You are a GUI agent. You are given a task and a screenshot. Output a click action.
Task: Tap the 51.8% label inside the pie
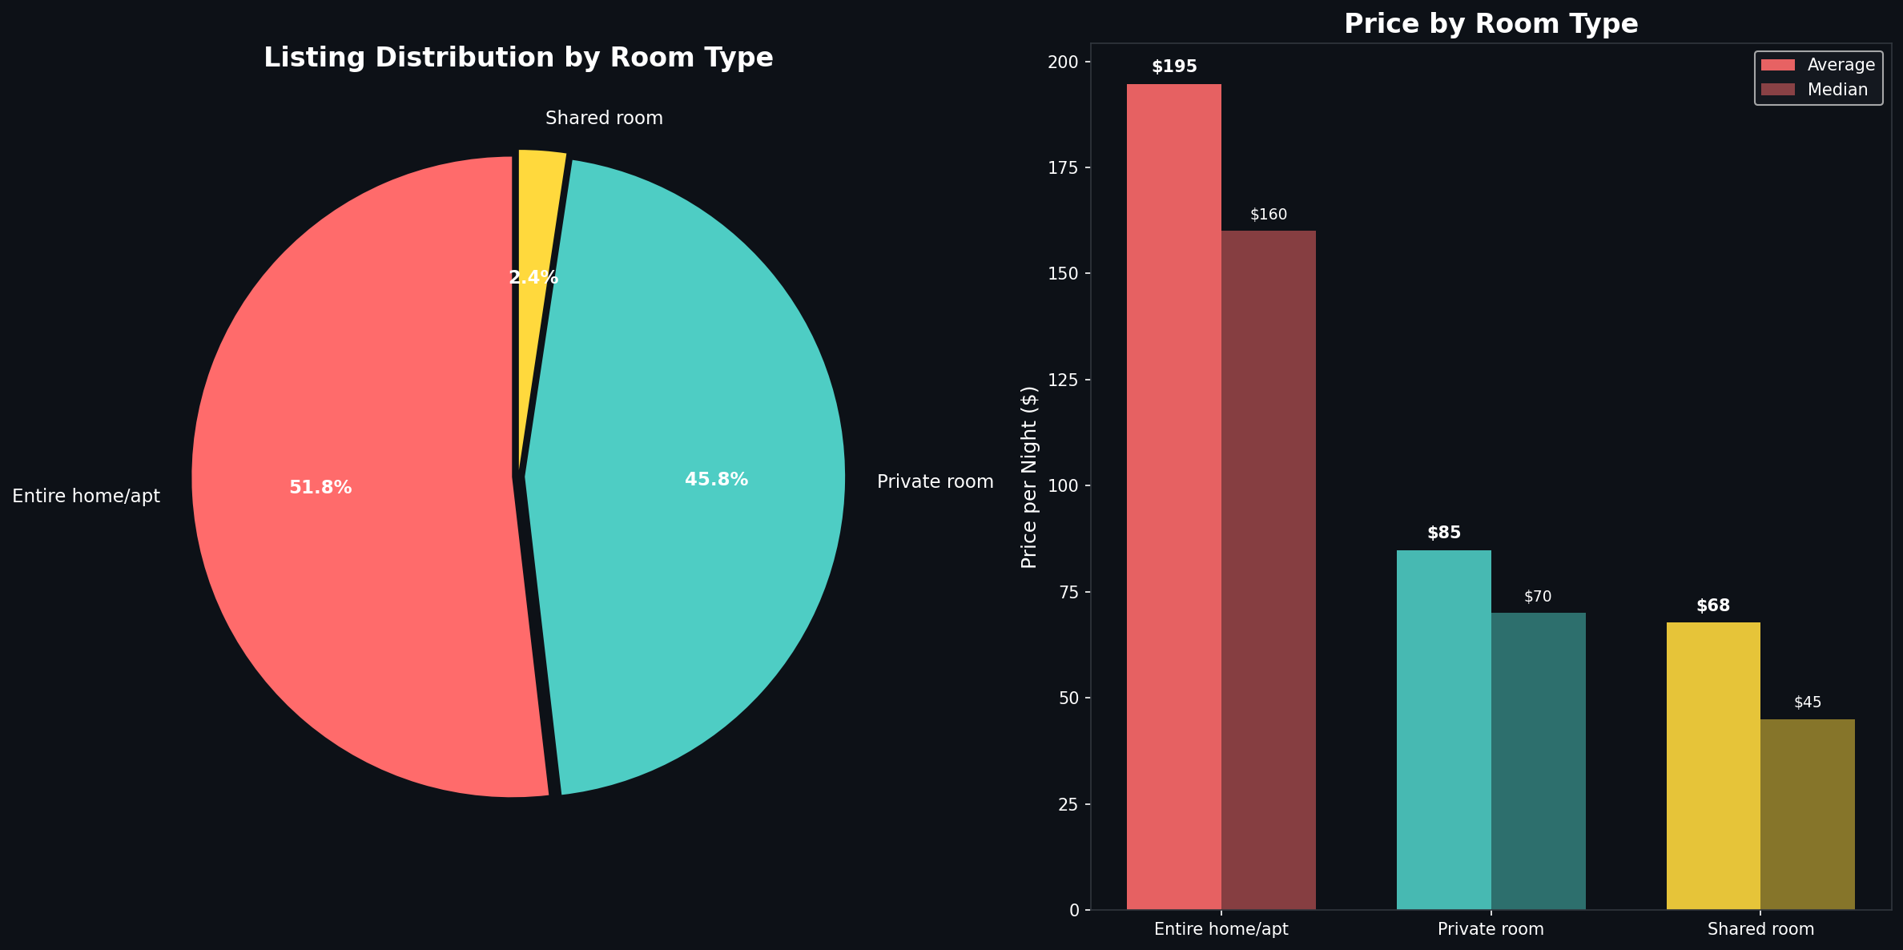tap(320, 488)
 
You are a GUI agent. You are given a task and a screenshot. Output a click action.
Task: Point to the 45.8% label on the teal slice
tap(716, 480)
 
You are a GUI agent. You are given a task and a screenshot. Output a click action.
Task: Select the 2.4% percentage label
tap(533, 278)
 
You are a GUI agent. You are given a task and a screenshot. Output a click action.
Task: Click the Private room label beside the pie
tap(935, 482)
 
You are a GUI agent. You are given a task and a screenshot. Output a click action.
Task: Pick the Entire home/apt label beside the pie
tap(86, 497)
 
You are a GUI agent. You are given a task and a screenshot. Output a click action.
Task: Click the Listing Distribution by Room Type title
tap(518, 58)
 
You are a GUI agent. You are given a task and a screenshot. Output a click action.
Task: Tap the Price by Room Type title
tap(1491, 24)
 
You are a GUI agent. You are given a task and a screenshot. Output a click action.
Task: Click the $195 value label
tap(1174, 67)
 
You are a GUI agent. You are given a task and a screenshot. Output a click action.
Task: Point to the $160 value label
tap(1269, 215)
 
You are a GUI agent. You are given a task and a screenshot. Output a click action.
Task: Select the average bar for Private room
tap(1443, 729)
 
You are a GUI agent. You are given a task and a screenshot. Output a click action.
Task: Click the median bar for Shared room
tap(1807, 814)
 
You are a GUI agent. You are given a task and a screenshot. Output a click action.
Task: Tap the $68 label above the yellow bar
tap(1713, 606)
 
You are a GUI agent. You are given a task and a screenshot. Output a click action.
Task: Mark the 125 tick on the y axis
tap(1068, 380)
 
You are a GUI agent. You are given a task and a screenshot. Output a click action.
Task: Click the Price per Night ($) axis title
tap(1029, 477)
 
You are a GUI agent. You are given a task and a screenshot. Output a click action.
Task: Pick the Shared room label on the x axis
tap(1760, 929)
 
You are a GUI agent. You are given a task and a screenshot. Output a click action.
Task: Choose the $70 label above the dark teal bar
tap(1538, 597)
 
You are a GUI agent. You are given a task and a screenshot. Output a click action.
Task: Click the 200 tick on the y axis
tap(1068, 62)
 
